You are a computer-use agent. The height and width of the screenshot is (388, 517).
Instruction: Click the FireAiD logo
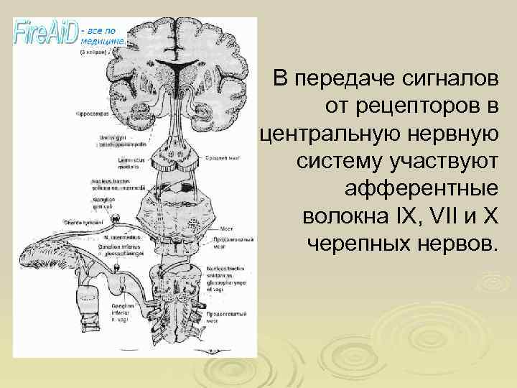pyautogui.click(x=47, y=32)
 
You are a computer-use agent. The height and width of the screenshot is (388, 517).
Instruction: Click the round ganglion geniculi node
pyautogui.click(x=114, y=213)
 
